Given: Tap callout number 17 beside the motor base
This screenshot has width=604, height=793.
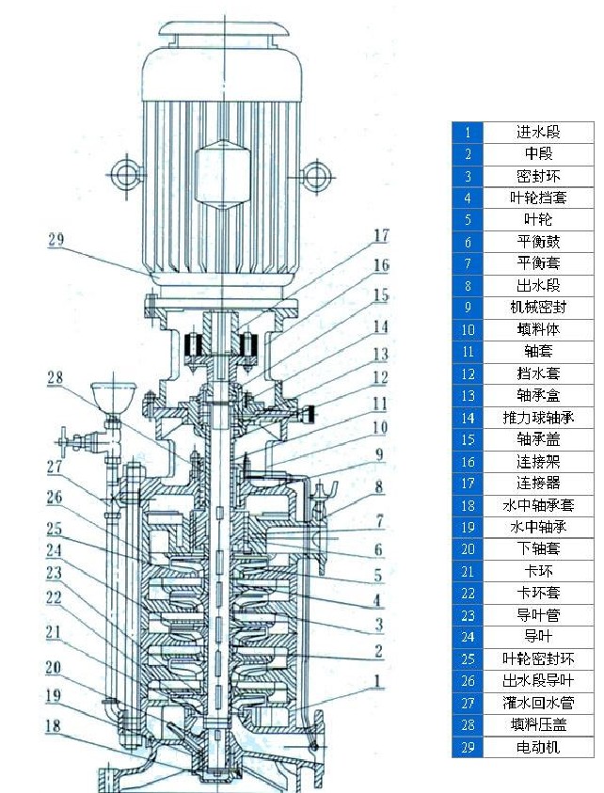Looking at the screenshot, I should tap(381, 235).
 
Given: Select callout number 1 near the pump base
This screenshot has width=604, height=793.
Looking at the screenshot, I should tap(378, 679).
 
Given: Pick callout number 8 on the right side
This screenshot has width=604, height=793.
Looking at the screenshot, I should tap(378, 487).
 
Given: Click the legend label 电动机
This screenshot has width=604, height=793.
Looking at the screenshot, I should tap(537, 747).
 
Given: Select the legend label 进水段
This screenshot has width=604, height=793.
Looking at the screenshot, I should tap(537, 133).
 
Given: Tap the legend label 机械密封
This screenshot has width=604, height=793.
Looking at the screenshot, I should tap(537, 308).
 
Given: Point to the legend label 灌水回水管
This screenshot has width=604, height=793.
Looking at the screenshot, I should tap(537, 703).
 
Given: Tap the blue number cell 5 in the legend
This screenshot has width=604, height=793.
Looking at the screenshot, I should tap(468, 220).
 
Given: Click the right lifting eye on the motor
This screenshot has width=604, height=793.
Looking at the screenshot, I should tap(317, 172).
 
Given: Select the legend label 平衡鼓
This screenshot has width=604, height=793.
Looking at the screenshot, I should tap(537, 242).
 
